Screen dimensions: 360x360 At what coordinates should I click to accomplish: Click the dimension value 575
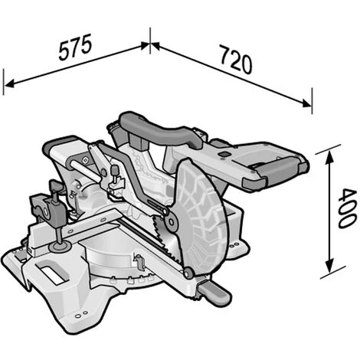click(x=75, y=47)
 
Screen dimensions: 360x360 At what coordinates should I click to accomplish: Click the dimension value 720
click(x=236, y=60)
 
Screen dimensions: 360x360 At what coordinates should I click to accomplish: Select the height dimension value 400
click(x=347, y=208)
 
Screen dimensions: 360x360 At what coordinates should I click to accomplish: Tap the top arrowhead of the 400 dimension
click(x=329, y=157)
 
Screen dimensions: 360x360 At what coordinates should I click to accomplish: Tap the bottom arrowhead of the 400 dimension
click(x=330, y=266)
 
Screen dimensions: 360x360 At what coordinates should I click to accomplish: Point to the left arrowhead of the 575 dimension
click(x=10, y=83)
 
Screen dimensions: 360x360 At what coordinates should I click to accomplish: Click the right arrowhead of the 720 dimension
click(x=306, y=103)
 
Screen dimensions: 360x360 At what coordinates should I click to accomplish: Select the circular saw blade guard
click(x=201, y=217)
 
